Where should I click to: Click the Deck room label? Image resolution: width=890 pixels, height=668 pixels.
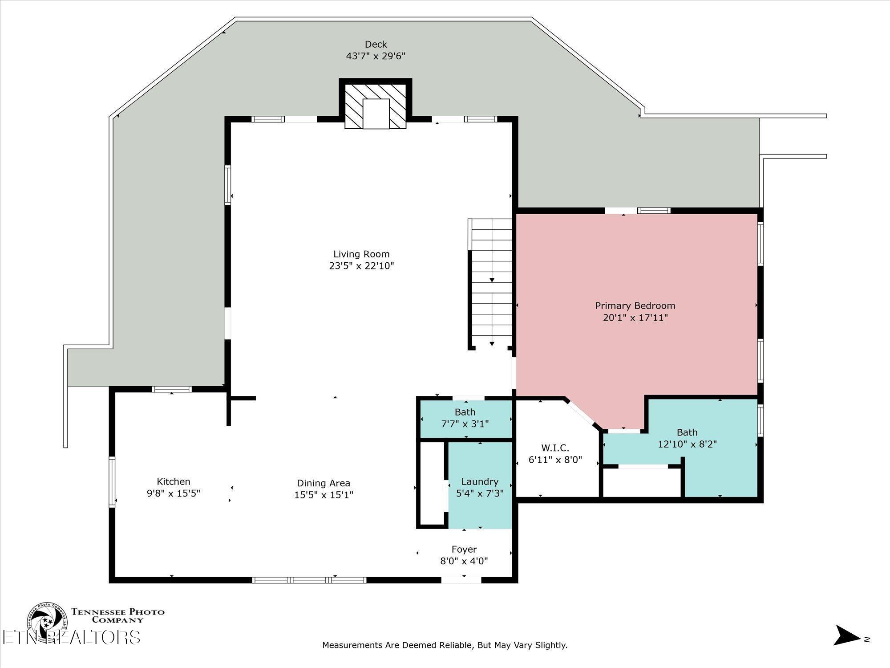click(376, 44)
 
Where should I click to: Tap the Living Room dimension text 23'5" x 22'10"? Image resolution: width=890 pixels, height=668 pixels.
click(361, 266)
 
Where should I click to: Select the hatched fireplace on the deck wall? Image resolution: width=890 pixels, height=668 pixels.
click(376, 106)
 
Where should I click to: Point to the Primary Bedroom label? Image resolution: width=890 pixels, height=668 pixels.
click(635, 305)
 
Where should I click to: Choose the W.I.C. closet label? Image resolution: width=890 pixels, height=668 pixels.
click(555, 448)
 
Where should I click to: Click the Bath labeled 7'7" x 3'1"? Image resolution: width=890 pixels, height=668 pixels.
click(465, 418)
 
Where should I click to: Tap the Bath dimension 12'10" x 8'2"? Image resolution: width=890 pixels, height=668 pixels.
click(687, 444)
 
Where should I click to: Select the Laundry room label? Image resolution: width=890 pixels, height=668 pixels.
click(480, 481)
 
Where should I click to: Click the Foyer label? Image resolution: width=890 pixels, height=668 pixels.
click(464, 549)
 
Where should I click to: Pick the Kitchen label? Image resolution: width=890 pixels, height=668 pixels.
click(174, 481)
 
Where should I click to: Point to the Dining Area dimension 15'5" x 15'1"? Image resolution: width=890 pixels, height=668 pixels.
click(324, 495)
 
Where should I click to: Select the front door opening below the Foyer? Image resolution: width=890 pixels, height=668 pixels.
click(461, 580)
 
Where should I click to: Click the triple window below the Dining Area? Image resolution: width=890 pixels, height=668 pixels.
click(309, 580)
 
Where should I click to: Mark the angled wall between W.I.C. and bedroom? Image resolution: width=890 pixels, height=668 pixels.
click(583, 414)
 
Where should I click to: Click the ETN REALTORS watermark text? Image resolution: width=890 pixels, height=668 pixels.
click(71, 637)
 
